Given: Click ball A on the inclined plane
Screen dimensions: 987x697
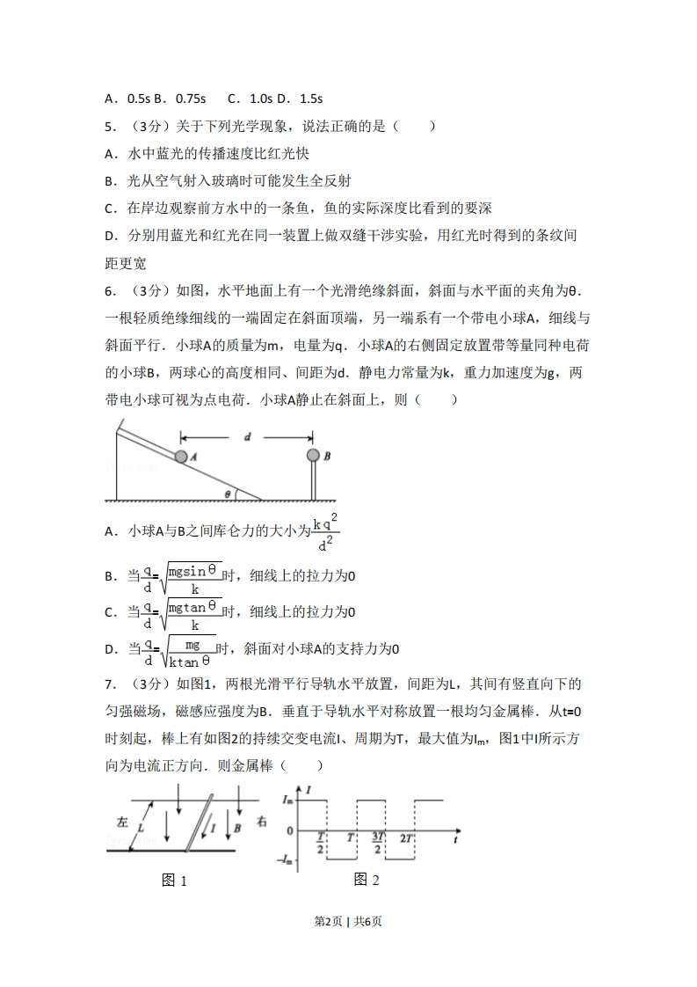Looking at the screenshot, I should pyautogui.click(x=181, y=457).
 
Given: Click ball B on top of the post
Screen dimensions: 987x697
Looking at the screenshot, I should pyautogui.click(x=312, y=456).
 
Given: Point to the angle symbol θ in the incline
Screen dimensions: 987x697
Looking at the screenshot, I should pyautogui.click(x=227, y=494).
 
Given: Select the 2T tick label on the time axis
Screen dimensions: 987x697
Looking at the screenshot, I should pyautogui.click(x=407, y=838).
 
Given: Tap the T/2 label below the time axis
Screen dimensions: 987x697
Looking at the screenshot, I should pyautogui.click(x=322, y=842).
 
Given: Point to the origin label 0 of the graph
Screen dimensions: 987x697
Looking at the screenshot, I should pyautogui.click(x=290, y=830).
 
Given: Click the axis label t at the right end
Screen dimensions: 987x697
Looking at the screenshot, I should pyautogui.click(x=458, y=840).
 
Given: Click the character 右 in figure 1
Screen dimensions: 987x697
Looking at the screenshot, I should pyautogui.click(x=262, y=821).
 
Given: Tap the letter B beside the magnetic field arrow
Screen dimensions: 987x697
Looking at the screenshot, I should pyautogui.click(x=237, y=828).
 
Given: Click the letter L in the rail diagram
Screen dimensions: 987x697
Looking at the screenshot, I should pyautogui.click(x=141, y=827).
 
